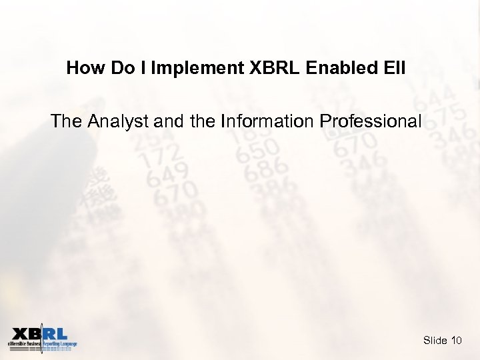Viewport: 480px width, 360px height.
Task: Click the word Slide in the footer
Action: (435, 341)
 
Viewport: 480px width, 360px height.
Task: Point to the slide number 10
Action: (456, 341)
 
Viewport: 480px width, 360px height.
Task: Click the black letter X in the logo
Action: (20, 333)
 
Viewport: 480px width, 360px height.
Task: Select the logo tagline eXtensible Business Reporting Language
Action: (43, 344)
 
